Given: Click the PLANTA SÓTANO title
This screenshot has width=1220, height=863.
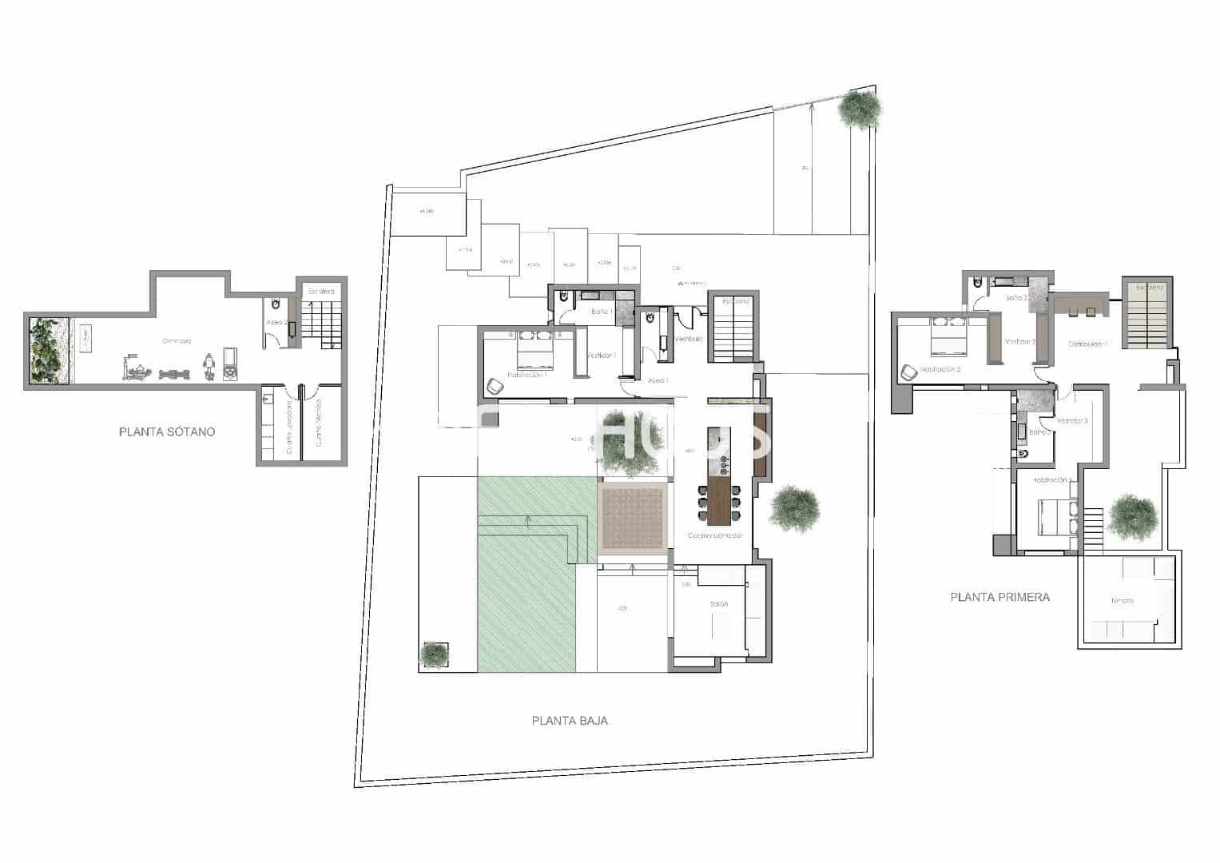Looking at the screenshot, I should pyautogui.click(x=166, y=432).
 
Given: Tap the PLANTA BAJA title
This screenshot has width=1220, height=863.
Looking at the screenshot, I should pyautogui.click(x=570, y=721).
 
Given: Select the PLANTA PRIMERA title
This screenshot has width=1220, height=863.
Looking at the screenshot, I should pyautogui.click(x=999, y=597).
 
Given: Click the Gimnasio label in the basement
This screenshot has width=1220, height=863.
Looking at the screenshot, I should pyautogui.click(x=177, y=341).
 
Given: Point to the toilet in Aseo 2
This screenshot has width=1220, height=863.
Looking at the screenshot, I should pyautogui.click(x=276, y=304).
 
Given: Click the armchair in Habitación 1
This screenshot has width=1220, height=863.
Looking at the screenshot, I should pyautogui.click(x=495, y=386).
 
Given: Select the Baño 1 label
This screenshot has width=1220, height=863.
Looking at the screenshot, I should pyautogui.click(x=601, y=312).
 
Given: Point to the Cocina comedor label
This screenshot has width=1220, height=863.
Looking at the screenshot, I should pyautogui.click(x=716, y=535).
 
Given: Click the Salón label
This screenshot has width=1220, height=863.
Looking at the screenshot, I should pyautogui.click(x=719, y=604).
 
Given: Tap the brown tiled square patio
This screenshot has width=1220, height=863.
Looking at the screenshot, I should pyautogui.click(x=633, y=517).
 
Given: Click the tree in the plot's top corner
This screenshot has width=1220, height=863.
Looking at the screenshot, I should pyautogui.click(x=860, y=109).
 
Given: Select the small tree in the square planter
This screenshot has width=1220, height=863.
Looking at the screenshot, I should pyautogui.click(x=433, y=654).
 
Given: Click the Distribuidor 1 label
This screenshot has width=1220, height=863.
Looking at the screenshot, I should pyautogui.click(x=1088, y=344).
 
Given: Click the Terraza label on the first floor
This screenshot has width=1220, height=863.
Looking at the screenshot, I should pyautogui.click(x=1122, y=601).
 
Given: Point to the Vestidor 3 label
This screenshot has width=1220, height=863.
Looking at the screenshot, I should pyautogui.click(x=1072, y=421).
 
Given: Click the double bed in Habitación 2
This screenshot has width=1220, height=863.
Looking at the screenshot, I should pyautogui.click(x=948, y=338).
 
